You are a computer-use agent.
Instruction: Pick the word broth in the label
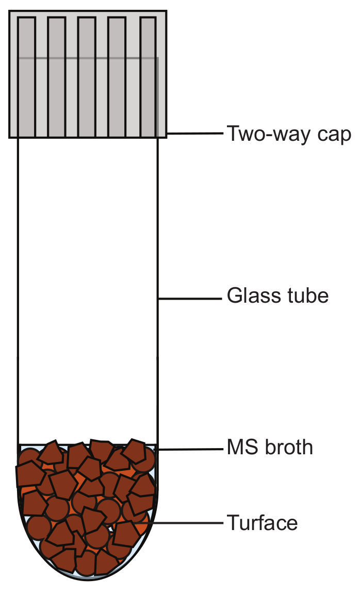[289, 447]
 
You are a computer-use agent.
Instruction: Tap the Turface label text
[262, 523]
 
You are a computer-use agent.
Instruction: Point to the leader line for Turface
[181, 523]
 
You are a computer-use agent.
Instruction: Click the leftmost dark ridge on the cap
[26, 77]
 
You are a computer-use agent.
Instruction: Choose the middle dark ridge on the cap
[87, 77]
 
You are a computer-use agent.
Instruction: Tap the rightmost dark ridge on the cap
[148, 77]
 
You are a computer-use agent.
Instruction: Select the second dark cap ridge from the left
[56, 77]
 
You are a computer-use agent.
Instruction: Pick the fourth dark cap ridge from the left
[118, 77]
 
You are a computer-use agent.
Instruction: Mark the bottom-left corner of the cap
[10, 137]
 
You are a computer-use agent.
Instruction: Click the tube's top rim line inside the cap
[88, 58]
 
